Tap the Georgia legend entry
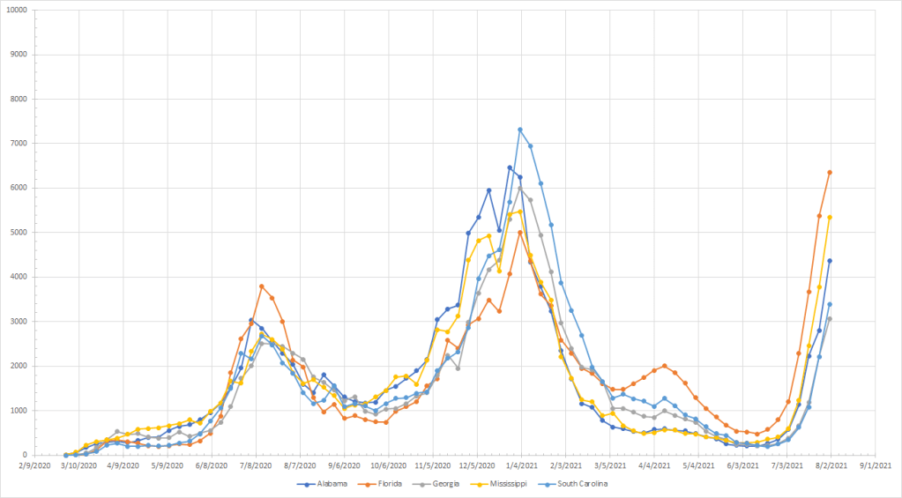click(x=440, y=483)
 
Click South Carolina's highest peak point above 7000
click(x=520, y=130)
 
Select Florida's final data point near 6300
click(x=830, y=173)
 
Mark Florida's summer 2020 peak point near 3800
click(x=262, y=286)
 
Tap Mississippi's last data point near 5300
click(x=830, y=217)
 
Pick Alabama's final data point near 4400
click(x=830, y=261)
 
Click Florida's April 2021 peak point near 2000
click(x=664, y=366)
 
